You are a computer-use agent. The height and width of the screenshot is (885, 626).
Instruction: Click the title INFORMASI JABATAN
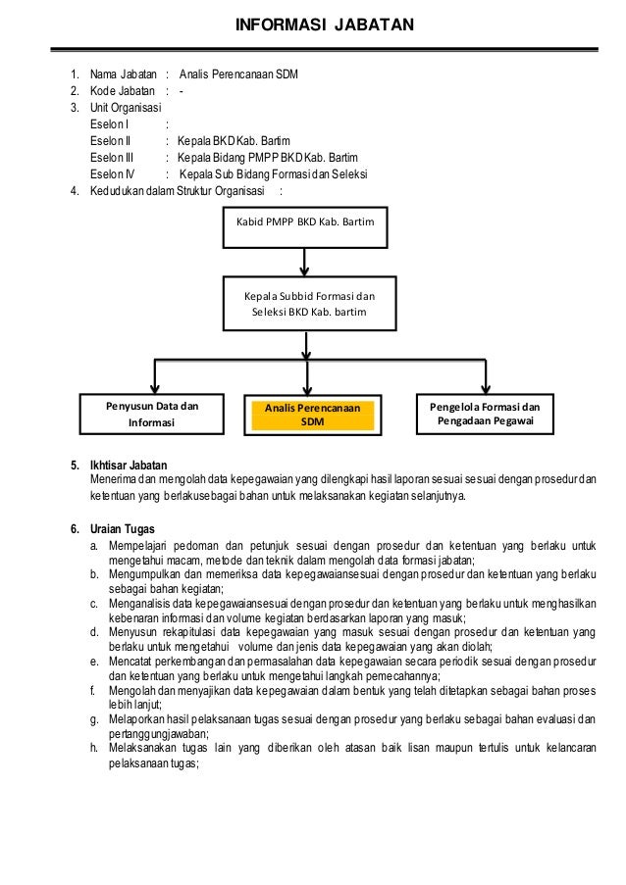pos(312,25)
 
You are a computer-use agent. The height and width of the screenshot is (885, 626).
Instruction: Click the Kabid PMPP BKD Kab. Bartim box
pos(306,224)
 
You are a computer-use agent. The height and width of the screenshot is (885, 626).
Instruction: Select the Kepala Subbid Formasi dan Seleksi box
pos(307,303)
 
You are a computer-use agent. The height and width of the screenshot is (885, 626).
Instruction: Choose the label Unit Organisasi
pos(127,108)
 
